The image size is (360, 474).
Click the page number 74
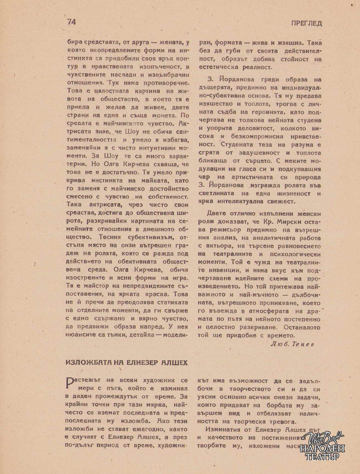tap(71, 22)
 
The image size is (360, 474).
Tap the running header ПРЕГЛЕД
tap(307, 23)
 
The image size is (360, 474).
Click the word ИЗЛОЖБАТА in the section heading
tap(87, 362)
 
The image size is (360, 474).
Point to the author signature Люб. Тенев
tap(292, 344)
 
